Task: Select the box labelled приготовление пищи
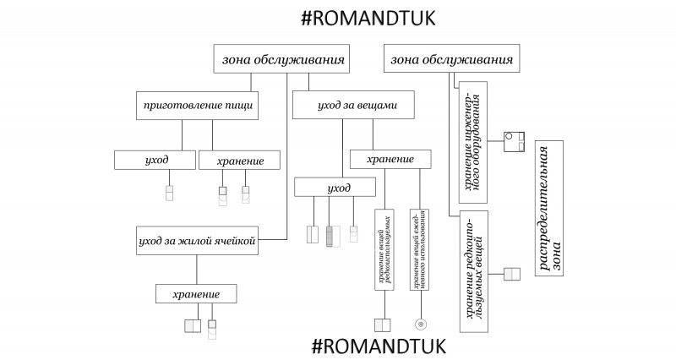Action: click(196, 107)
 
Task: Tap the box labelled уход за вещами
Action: click(357, 107)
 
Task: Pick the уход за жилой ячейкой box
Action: click(196, 240)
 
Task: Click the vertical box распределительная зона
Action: click(549, 209)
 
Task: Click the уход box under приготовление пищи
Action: click(156, 160)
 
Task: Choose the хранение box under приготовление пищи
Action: click(239, 160)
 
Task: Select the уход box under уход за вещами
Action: click(335, 187)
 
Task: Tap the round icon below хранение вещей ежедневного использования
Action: click(419, 324)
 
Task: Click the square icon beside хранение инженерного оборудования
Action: click(515, 141)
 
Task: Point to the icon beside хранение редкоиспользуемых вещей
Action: click(513, 274)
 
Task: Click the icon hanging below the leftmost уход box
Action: click(169, 194)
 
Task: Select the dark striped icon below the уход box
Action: click(331, 235)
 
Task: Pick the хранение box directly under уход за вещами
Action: click(390, 160)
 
